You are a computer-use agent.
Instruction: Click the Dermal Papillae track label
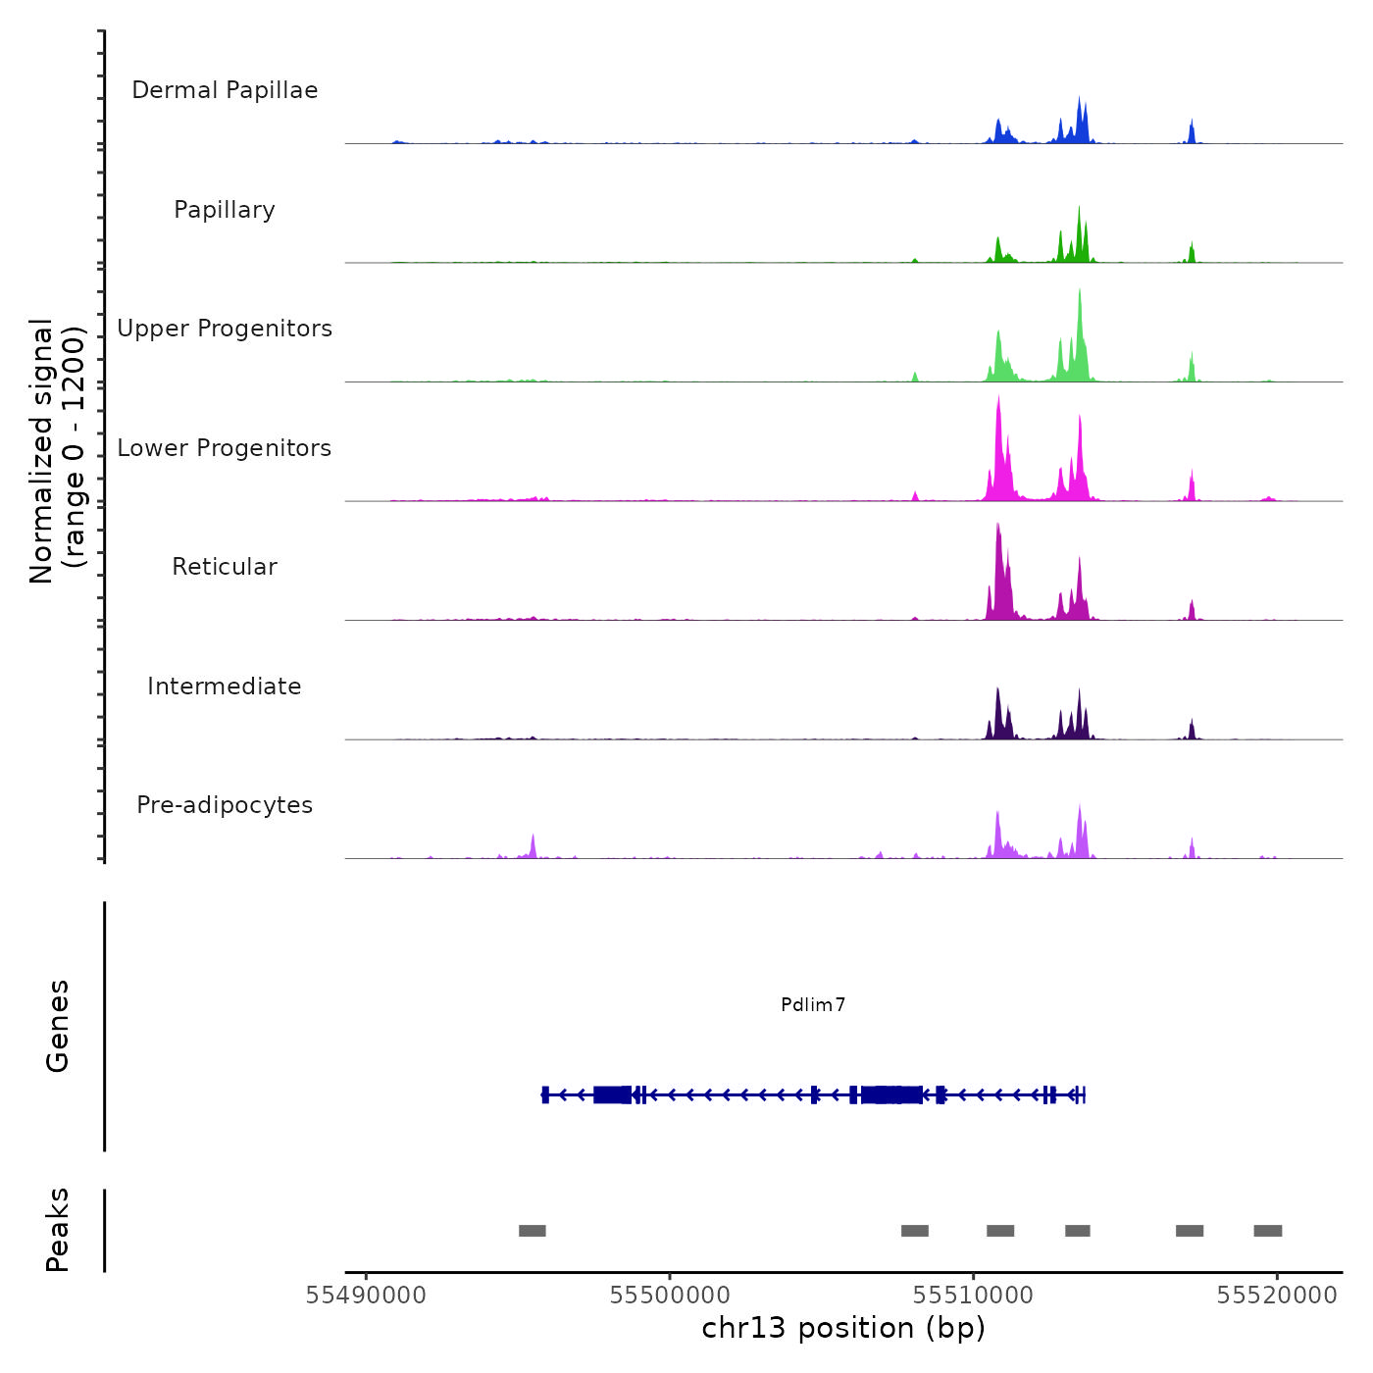pyautogui.click(x=225, y=90)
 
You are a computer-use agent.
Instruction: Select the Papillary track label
pyautogui.click(x=225, y=210)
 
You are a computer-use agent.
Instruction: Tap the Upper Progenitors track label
pyautogui.click(x=225, y=329)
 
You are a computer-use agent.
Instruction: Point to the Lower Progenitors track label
pyautogui.click(x=225, y=448)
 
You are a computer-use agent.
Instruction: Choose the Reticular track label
pyautogui.click(x=225, y=567)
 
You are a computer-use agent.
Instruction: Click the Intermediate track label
pyautogui.click(x=225, y=686)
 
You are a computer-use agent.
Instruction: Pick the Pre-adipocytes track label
pyautogui.click(x=225, y=805)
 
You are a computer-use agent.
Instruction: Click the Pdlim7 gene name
pyautogui.click(x=813, y=1004)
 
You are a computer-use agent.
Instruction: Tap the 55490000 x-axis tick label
pyautogui.click(x=366, y=1296)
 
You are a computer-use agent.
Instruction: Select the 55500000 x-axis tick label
pyautogui.click(x=670, y=1296)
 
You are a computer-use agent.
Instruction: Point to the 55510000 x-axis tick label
pyautogui.click(x=973, y=1296)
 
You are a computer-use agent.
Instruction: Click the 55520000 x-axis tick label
pyautogui.click(x=1277, y=1296)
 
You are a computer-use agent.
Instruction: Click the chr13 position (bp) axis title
pyautogui.click(x=843, y=1328)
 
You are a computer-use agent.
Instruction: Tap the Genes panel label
pyautogui.click(x=57, y=1026)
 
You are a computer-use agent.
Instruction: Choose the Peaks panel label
pyautogui.click(x=57, y=1230)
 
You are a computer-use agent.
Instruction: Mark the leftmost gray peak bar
pyautogui.click(x=533, y=1231)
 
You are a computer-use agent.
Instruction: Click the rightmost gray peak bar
pyautogui.click(x=1268, y=1231)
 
